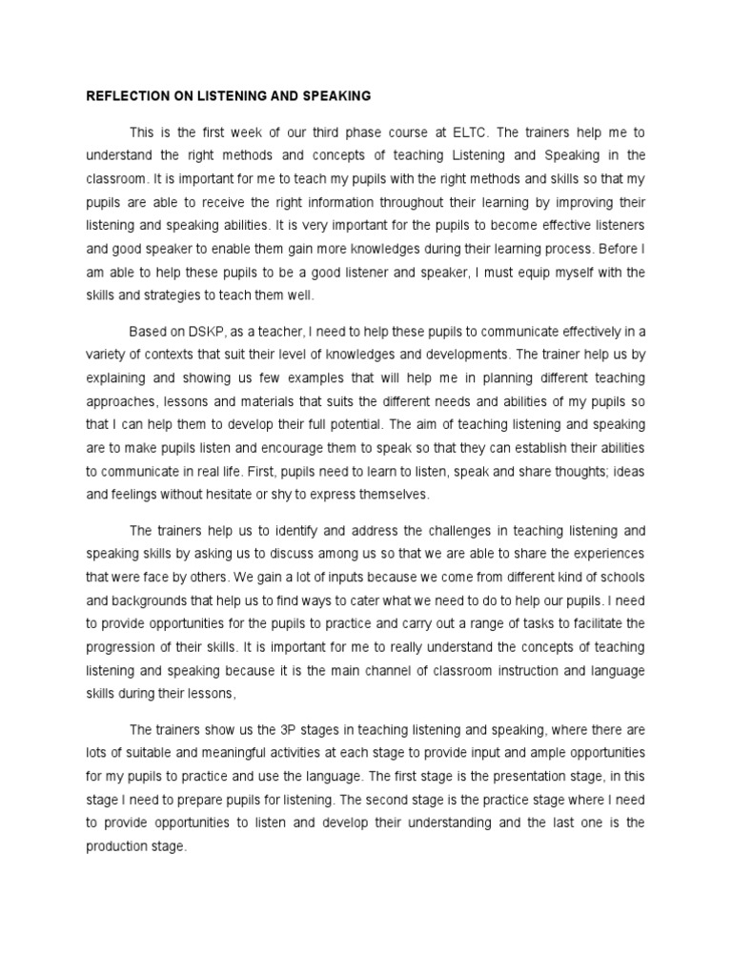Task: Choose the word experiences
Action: (x=602, y=553)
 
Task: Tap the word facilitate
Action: (x=591, y=623)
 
